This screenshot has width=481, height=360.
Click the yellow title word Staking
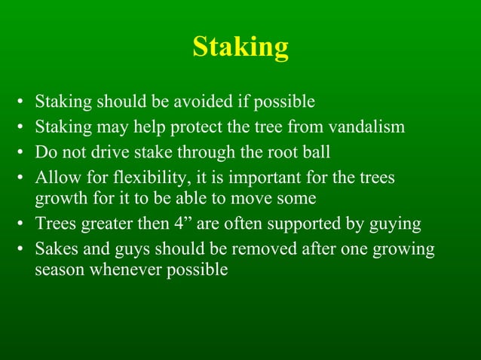[240, 47]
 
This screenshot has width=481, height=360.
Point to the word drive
[96, 152]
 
